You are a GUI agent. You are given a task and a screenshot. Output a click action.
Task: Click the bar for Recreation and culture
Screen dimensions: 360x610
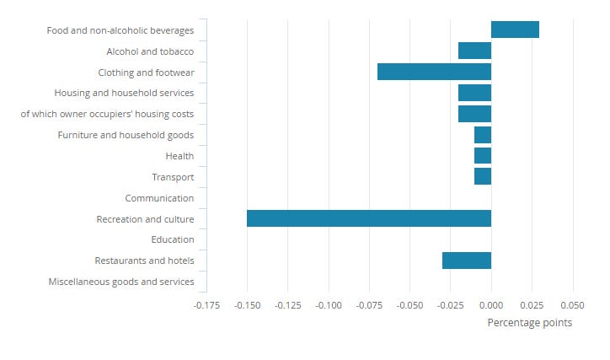(x=368, y=218)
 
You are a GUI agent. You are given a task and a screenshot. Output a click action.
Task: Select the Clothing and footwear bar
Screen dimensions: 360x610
(x=434, y=72)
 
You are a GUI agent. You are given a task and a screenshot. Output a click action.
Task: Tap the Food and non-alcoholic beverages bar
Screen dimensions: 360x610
(x=515, y=30)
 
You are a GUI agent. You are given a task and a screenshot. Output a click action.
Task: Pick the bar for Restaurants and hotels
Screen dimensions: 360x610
(x=467, y=261)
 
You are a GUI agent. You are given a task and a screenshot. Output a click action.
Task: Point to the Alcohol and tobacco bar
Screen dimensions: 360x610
(x=474, y=51)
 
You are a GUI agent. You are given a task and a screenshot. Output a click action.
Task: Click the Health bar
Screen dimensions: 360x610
(x=483, y=155)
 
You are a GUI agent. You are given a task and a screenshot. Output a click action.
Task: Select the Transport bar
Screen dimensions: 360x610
(x=483, y=176)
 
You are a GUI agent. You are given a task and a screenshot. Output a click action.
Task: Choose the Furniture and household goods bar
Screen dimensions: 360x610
(x=483, y=135)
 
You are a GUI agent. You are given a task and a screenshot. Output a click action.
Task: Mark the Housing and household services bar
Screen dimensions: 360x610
(x=474, y=93)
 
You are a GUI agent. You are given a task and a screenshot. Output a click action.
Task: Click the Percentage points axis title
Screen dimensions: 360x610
(x=529, y=323)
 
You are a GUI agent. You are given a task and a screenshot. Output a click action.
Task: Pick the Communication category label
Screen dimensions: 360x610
(x=159, y=198)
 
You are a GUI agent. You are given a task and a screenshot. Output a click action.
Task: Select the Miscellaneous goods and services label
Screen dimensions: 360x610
(x=121, y=282)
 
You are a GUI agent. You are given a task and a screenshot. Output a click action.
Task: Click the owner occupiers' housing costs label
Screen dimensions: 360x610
(x=107, y=114)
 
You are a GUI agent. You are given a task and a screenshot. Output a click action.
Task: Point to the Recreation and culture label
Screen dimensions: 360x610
(x=145, y=219)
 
